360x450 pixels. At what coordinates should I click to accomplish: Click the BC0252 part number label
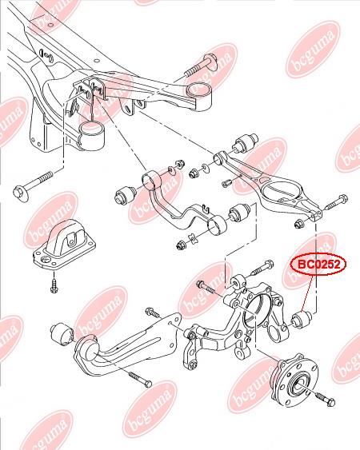[318, 265]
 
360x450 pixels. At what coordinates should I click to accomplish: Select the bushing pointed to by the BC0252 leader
[302, 320]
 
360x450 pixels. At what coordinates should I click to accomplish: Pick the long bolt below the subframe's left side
[34, 184]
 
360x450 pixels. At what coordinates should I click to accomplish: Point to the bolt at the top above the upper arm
[201, 66]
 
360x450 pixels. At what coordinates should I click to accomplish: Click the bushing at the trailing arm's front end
[62, 334]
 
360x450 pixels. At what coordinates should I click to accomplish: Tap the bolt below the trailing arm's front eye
[140, 379]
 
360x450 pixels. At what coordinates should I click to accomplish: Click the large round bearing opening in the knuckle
[254, 311]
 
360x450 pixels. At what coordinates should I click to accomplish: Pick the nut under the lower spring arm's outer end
[299, 224]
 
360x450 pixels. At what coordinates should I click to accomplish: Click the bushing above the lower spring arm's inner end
[246, 142]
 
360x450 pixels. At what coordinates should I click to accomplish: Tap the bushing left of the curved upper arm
[126, 196]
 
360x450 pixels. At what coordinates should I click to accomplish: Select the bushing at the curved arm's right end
[240, 213]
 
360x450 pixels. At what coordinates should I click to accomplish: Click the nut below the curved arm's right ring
[181, 245]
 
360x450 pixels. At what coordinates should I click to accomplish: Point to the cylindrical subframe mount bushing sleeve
[92, 135]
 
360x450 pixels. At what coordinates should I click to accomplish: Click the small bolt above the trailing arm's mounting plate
[153, 312]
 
